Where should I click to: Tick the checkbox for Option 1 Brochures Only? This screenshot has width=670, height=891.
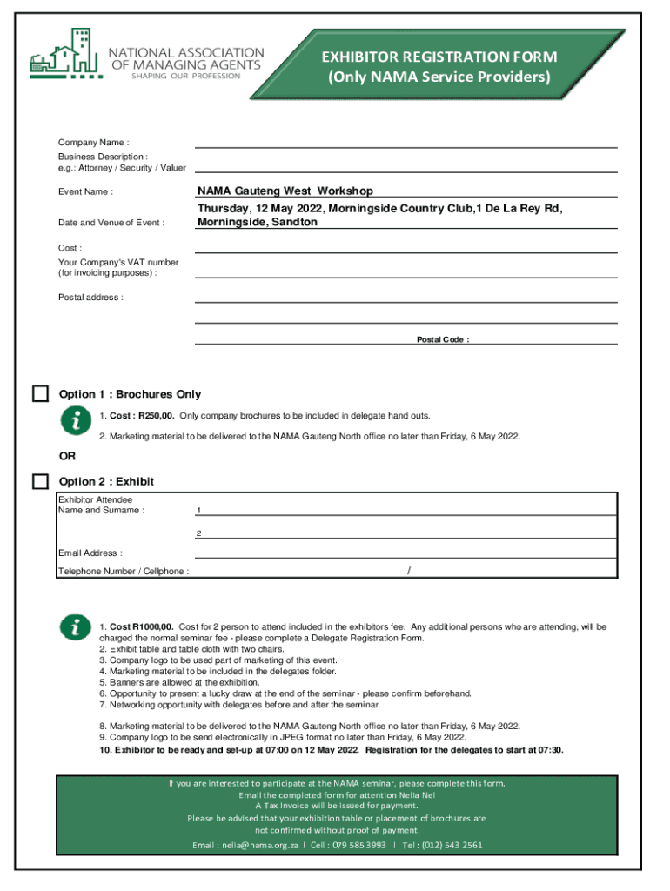pyautogui.click(x=40, y=393)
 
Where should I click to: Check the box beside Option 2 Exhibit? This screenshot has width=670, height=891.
pyautogui.click(x=40, y=481)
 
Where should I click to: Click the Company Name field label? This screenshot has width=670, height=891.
pyautogui.click(x=93, y=143)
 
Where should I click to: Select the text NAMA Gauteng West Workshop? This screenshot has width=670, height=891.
pyautogui.click(x=285, y=191)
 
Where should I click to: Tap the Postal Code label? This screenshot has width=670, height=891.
pyautogui.click(x=443, y=339)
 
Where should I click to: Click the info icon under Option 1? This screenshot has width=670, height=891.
pyautogui.click(x=76, y=420)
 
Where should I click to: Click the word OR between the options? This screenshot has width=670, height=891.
pyautogui.click(x=67, y=455)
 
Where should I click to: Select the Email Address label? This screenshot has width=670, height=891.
pyautogui.click(x=90, y=553)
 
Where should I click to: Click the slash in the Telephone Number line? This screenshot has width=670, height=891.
pyautogui.click(x=409, y=571)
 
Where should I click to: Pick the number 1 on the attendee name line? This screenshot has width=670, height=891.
pyautogui.click(x=198, y=511)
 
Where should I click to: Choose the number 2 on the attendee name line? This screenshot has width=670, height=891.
pyautogui.click(x=198, y=533)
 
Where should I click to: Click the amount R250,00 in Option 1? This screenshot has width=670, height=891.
pyautogui.click(x=157, y=416)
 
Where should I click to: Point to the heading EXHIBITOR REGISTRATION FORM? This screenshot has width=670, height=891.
pyautogui.click(x=439, y=57)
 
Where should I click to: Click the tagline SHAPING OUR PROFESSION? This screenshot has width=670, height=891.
pyautogui.click(x=184, y=76)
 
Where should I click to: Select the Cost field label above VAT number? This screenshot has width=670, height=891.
pyautogui.click(x=70, y=248)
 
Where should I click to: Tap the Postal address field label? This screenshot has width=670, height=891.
pyautogui.click(x=90, y=298)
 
